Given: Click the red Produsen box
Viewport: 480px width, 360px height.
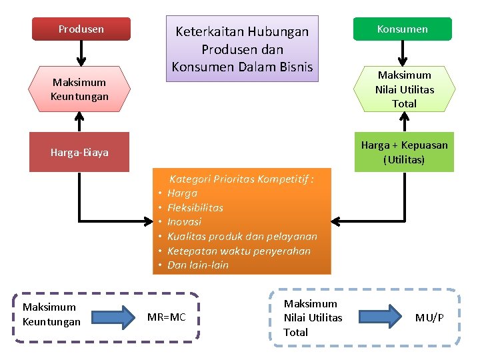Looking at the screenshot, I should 81,29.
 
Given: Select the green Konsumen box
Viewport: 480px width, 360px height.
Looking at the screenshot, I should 402,29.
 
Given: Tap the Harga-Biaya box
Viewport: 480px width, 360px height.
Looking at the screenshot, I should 79,153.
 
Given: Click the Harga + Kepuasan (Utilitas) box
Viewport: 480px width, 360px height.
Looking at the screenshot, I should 404,153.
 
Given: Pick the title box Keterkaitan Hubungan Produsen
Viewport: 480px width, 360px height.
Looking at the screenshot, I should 242,49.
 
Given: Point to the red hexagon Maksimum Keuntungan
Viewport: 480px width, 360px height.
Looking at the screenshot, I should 79,89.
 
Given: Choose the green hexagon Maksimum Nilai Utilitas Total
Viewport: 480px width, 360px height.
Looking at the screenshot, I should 404,89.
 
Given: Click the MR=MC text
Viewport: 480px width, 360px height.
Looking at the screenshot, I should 166,317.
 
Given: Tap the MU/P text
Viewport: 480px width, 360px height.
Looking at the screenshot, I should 429,317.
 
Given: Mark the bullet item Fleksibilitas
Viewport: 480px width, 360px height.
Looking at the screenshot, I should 195,207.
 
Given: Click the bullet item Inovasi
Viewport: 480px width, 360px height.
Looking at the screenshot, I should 184,222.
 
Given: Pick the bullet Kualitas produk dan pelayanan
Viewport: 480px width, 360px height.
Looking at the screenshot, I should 242,237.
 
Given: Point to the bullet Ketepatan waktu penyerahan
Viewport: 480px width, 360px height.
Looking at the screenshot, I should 239,251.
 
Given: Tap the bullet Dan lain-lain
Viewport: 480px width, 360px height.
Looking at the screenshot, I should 198,265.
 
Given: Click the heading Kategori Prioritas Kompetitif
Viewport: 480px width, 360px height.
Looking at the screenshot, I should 241,179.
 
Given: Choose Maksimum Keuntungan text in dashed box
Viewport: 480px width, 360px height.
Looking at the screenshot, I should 51,314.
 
